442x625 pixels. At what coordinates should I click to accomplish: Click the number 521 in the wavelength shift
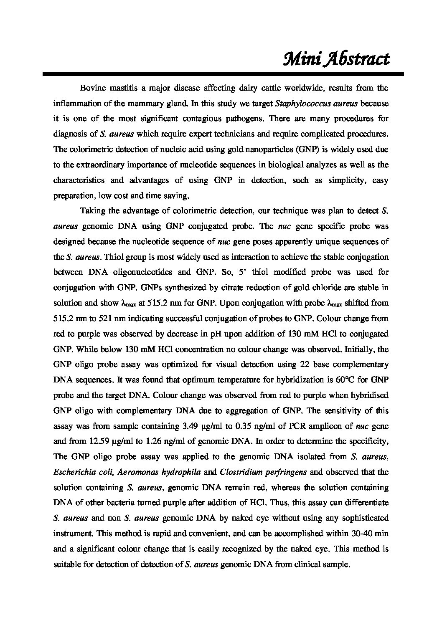tap(104, 319)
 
